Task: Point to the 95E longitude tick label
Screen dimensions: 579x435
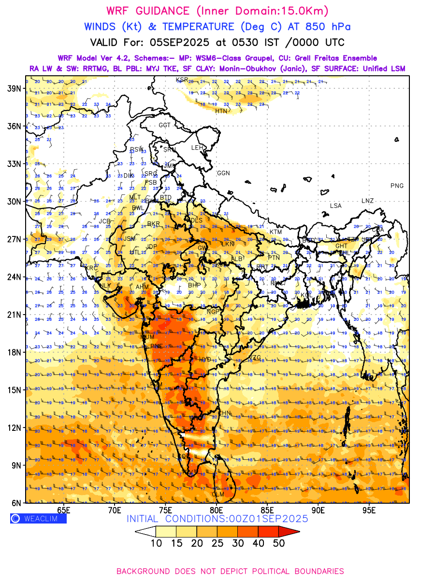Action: coord(369,510)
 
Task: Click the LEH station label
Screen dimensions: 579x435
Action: coord(197,147)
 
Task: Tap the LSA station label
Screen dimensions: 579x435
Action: coord(335,206)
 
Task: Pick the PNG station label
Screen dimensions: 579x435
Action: coord(397,186)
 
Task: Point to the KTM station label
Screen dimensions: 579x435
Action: coord(275,232)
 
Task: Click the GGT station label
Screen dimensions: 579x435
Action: coord(165,125)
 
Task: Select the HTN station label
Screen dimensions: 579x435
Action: coord(221,111)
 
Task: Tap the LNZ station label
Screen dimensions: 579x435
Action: coord(367,201)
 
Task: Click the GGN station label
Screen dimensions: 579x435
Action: coord(223,173)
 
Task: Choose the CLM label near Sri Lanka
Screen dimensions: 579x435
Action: coord(218,494)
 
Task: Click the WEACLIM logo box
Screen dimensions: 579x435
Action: coord(38,519)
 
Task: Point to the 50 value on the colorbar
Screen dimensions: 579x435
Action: coord(278,543)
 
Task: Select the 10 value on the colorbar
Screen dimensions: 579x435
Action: coord(156,543)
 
